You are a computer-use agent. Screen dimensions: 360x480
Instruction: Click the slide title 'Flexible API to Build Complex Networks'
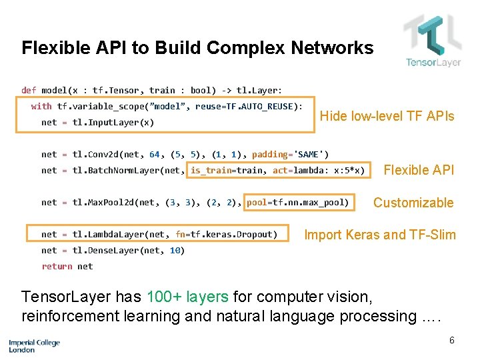197,48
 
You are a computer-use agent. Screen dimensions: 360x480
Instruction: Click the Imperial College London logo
34,345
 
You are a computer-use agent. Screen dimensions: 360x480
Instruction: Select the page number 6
451,341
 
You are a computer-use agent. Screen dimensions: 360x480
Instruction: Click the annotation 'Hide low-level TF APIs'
387,116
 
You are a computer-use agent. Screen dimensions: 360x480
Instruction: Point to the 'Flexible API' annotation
419,170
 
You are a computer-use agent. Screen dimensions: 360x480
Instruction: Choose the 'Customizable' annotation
413,203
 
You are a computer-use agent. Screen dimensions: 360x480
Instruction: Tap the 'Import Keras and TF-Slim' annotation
380,235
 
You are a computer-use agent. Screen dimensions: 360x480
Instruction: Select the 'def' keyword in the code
29,90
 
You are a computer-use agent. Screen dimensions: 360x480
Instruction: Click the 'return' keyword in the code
57,267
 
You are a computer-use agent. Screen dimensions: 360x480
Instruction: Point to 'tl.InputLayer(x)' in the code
113,123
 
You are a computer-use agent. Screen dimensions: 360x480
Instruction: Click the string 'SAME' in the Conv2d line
311,155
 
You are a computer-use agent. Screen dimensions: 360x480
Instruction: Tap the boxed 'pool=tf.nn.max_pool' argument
297,202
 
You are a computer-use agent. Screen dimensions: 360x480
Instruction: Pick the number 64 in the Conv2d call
155,155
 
